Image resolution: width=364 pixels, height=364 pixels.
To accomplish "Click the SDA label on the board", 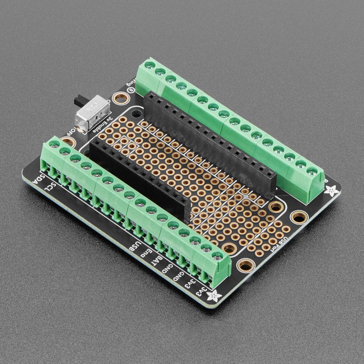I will tap(37, 179).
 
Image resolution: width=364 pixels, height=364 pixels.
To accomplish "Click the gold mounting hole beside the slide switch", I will tap(120, 98).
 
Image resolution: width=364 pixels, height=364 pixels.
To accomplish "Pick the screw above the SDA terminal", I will tap(54, 144).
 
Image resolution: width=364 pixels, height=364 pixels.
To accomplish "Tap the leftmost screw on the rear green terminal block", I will tap(149, 65).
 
